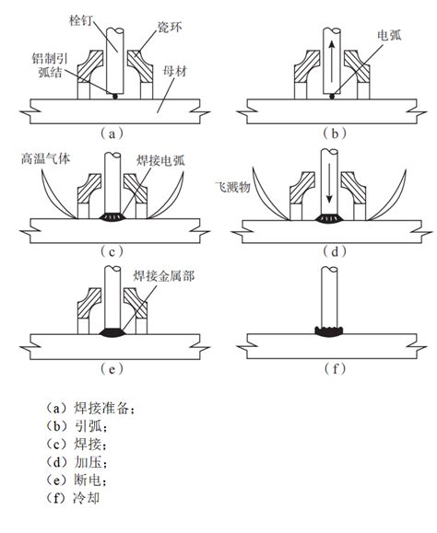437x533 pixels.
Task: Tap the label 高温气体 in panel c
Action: [43, 158]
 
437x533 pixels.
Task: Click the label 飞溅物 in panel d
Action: [230, 184]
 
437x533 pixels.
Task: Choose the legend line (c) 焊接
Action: [77, 445]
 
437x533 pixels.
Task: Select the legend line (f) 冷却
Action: [77, 498]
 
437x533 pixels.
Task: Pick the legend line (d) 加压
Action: [77, 462]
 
